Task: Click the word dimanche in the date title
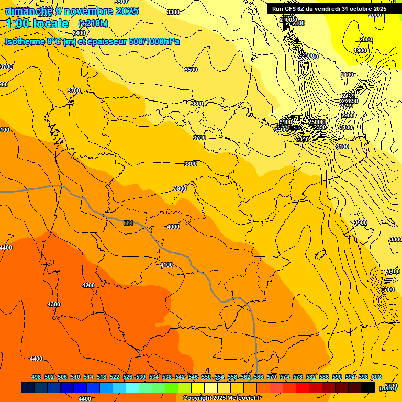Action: coord(29,11)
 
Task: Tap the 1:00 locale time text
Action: coord(37,24)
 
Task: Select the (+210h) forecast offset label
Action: coord(93,23)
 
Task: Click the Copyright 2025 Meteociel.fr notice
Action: coord(222,398)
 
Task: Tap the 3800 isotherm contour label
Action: coord(191,164)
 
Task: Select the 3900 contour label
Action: coord(180,188)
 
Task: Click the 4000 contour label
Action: coord(173,227)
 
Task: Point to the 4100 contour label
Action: coord(166,265)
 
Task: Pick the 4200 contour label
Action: coord(88,285)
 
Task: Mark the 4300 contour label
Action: coord(54,304)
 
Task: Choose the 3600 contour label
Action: coord(197,104)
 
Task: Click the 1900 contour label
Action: coord(360,50)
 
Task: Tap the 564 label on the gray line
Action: coord(128,224)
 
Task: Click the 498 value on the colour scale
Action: coord(36,377)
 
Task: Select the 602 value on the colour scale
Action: coord(376,377)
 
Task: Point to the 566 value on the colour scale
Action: coord(258,377)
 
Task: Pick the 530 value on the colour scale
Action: coord(141,377)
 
